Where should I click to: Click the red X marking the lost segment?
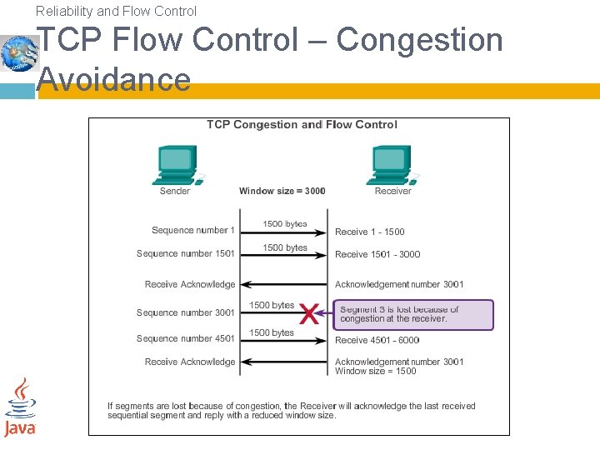pos(308,315)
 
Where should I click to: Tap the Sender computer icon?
pos(176,164)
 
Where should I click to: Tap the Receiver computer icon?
pos(392,164)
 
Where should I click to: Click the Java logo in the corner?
pos(20,407)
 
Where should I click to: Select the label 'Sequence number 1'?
pos(193,230)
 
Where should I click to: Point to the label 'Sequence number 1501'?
pos(186,253)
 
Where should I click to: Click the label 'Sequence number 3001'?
pos(186,312)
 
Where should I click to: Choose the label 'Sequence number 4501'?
pos(186,338)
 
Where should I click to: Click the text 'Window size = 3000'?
pos(282,191)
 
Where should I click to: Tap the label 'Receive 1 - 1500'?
pos(370,232)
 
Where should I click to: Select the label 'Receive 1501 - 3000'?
pos(377,254)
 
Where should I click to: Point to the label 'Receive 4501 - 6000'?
pos(377,340)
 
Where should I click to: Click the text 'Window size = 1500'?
pos(376,371)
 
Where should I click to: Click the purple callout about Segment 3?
pos(414,314)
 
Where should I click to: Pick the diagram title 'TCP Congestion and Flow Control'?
pos(302,125)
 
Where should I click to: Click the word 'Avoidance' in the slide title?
pos(114,80)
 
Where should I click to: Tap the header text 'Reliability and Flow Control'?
pos(117,11)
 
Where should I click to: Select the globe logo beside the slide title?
pos(19,53)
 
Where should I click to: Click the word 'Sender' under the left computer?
pos(175,191)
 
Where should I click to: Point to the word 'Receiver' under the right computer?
pos(393,191)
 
